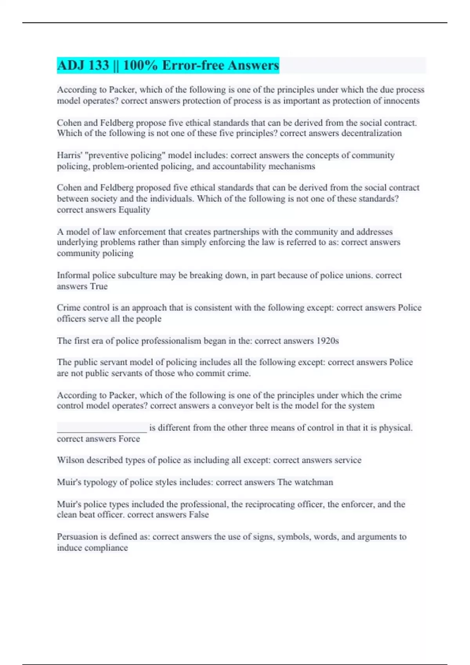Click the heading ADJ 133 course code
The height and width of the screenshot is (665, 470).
coord(83,65)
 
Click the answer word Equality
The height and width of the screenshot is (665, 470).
coord(134,210)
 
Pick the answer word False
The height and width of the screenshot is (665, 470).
coord(199,514)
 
